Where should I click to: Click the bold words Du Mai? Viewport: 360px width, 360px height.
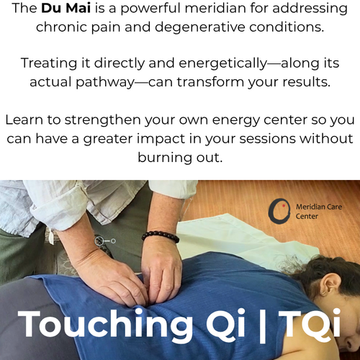(66, 8)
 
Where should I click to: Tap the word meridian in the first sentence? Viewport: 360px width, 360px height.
(215, 8)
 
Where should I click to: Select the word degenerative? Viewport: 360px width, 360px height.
(200, 27)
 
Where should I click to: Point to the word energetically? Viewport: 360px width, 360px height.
(222, 63)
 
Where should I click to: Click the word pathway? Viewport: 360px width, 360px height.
(105, 82)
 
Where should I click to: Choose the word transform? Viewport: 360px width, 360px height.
(210, 82)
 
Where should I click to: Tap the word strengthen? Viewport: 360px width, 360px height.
(102, 120)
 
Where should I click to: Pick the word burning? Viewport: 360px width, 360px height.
(165, 158)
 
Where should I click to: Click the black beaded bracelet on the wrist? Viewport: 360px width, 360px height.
(161, 236)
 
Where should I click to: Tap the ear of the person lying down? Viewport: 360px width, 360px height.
(330, 284)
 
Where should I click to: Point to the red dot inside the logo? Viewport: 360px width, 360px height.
(284, 206)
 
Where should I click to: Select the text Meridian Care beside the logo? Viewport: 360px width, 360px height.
(319, 207)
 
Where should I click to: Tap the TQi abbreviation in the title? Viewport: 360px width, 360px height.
(310, 323)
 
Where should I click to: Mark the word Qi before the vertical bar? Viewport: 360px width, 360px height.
(225, 323)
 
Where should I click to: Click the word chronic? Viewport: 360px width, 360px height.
(61, 27)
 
